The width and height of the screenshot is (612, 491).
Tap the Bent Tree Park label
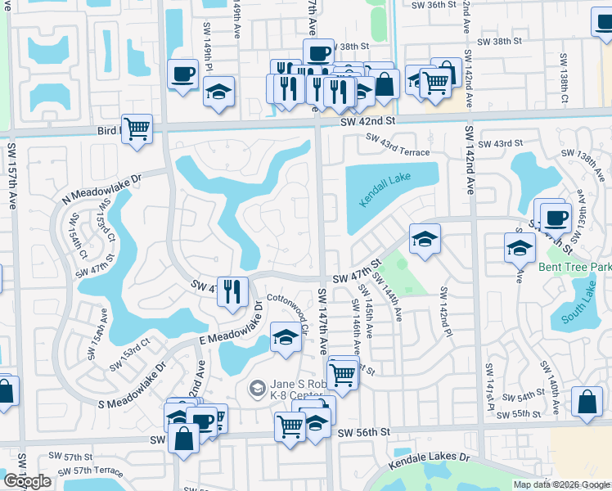click(x=574, y=268)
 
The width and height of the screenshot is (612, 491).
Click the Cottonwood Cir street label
click(x=286, y=311)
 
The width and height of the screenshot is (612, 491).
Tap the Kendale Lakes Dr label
click(x=431, y=457)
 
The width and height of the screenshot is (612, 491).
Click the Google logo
click(x=27, y=481)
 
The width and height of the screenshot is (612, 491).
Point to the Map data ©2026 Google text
click(x=560, y=484)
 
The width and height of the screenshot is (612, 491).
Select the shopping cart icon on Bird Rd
click(x=137, y=128)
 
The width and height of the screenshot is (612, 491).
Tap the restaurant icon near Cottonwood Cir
click(x=232, y=291)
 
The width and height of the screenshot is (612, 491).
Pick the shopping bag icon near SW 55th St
click(x=587, y=402)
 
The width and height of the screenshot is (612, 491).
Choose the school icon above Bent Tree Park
click(x=519, y=246)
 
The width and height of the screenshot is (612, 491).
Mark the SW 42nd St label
click(x=368, y=120)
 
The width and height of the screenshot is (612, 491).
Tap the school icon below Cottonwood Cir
click(x=285, y=337)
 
